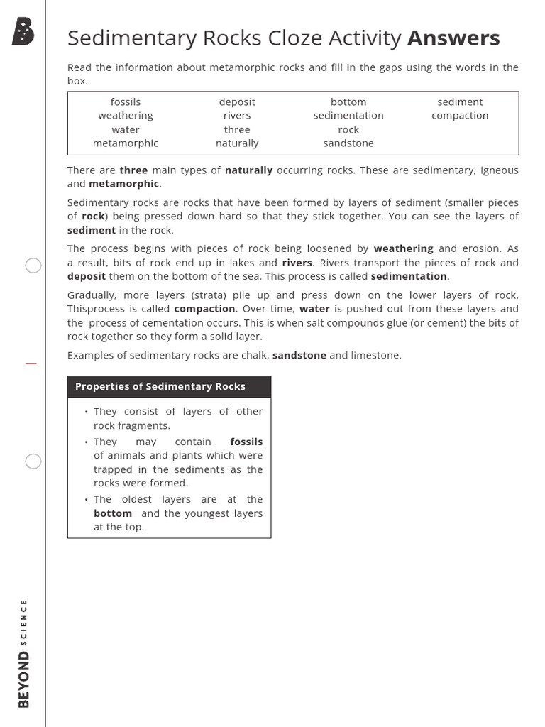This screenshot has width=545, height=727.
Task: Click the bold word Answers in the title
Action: [x=453, y=38]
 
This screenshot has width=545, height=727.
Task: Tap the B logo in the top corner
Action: [x=23, y=33]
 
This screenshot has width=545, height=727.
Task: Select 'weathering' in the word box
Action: [x=126, y=116]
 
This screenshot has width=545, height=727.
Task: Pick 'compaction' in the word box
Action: [x=460, y=116]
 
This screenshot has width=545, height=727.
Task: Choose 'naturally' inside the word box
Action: [x=237, y=143]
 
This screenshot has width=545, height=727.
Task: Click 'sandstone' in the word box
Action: [x=348, y=143]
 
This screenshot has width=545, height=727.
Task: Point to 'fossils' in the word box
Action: [x=126, y=102]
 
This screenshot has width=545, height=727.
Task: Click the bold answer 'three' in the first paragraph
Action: [x=133, y=170]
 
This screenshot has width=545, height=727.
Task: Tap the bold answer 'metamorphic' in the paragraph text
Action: [x=124, y=184]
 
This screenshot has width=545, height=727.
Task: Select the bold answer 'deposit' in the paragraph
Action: [x=87, y=276]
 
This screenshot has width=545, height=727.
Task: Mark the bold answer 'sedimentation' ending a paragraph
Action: [x=409, y=276]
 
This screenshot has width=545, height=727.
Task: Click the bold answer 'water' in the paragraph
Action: [x=314, y=309]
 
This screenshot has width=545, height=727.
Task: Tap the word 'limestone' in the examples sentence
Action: [x=377, y=355]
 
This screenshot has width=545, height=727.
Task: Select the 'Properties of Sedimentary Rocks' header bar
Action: [x=169, y=387]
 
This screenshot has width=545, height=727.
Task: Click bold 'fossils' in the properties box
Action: [x=246, y=442]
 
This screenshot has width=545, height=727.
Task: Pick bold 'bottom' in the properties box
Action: [x=113, y=513]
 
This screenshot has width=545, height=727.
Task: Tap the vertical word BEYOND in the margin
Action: [x=24, y=680]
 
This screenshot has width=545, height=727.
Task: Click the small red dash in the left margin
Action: [x=31, y=363]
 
